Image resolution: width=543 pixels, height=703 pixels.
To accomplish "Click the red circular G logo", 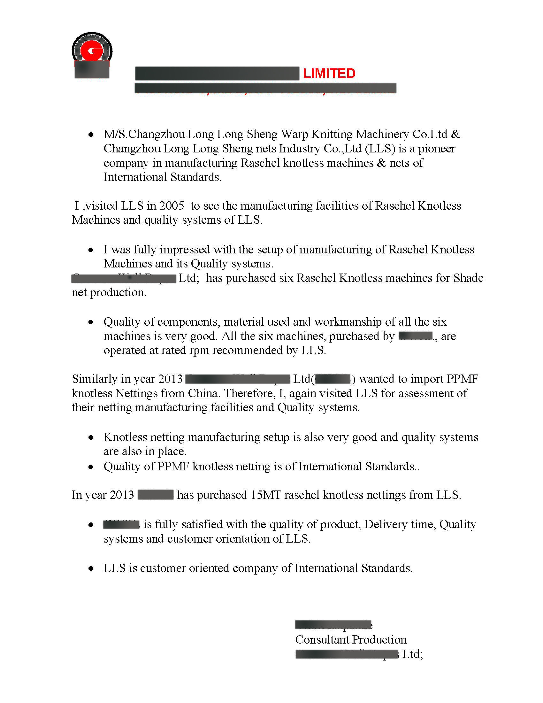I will tap(92, 50).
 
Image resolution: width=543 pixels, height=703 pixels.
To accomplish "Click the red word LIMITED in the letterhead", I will tap(329, 74).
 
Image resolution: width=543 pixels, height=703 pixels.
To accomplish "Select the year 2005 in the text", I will tap(172, 206).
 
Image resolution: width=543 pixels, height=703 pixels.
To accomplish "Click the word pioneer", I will tap(437, 149).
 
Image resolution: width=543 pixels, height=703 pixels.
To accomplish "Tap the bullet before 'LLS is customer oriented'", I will tap(91, 569).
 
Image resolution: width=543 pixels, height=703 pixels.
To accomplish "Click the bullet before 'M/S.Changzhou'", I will tap(91, 135).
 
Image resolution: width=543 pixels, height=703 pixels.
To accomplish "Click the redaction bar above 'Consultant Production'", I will tap(333, 625).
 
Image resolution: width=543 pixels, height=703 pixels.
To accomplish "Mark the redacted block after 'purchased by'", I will tap(416, 336).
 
